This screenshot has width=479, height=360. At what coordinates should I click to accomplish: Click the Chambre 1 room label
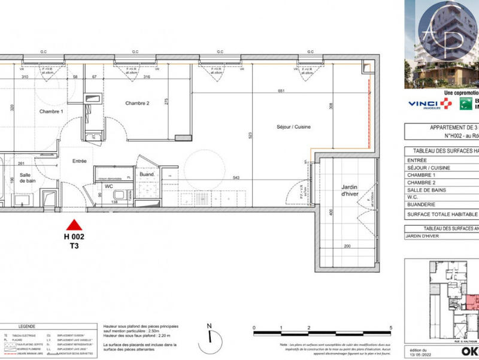[51, 112]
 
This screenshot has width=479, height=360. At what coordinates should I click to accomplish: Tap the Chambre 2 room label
[137, 103]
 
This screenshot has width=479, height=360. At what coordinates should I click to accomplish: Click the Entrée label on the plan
[80, 161]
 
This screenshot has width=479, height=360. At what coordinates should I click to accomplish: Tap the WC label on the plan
[109, 186]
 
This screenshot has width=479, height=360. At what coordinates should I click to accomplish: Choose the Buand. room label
[147, 175]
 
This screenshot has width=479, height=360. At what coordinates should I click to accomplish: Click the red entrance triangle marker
[74, 225]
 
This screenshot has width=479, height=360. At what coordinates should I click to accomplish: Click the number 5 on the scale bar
[390, 328]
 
